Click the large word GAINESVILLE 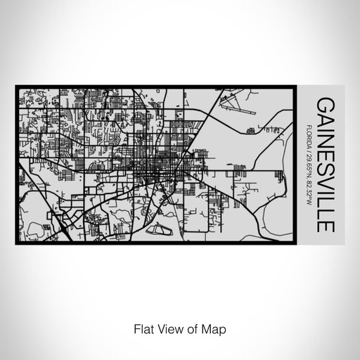click(x=325, y=165)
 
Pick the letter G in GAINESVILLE click(x=325, y=104)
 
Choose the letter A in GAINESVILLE click(x=325, y=120)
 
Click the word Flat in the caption click(x=143, y=328)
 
